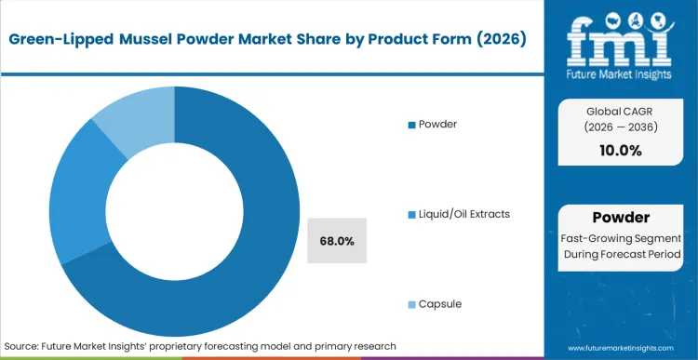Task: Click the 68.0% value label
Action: tap(336, 241)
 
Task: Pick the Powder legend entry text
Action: tap(439, 124)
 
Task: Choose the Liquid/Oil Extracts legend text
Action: tap(465, 214)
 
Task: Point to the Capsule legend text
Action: tap(441, 304)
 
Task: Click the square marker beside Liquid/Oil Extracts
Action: tap(412, 215)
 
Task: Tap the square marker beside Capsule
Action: tap(412, 305)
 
